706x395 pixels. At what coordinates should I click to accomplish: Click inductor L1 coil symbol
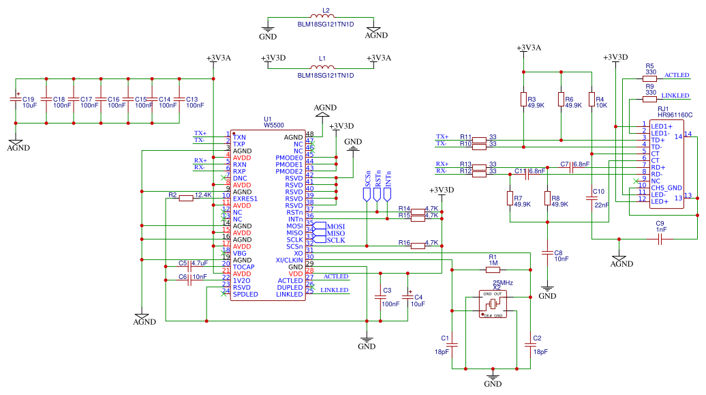[323, 68]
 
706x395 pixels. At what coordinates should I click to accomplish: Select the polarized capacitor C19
[16, 101]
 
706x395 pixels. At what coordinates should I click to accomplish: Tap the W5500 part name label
[273, 126]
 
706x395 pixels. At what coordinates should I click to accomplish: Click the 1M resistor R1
[493, 269]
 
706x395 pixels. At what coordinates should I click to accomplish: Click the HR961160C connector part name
[675, 115]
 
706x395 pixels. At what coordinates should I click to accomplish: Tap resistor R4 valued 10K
[592, 100]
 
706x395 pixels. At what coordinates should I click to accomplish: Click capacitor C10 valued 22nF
[592, 198]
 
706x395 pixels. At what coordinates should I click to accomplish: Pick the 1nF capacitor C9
[660, 239]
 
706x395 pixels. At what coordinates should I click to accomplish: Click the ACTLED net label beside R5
[677, 75]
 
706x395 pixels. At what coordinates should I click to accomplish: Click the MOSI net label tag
[336, 226]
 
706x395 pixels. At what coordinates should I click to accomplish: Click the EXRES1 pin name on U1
[245, 199]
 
